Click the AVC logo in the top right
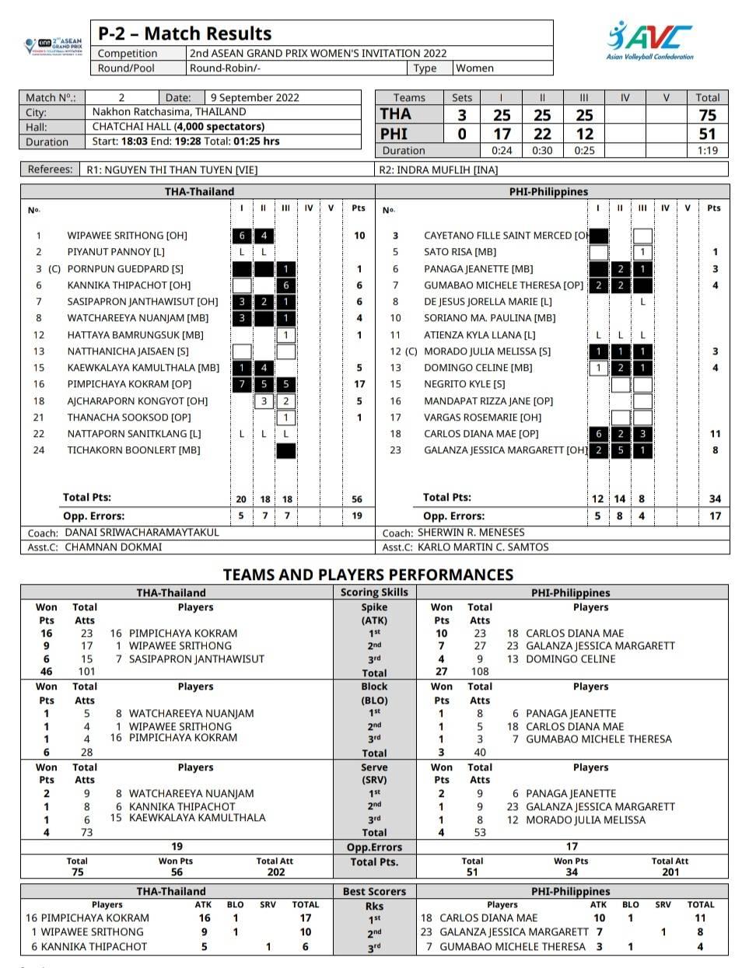pyautogui.click(x=649, y=40)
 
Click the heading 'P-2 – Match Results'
pyautogui.click(x=184, y=33)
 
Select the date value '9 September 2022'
pyautogui.click(x=254, y=98)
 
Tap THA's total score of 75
pyautogui.click(x=707, y=115)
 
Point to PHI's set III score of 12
pyautogui.click(x=584, y=134)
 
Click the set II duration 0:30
pyautogui.click(x=542, y=151)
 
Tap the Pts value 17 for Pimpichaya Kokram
pyautogui.click(x=359, y=384)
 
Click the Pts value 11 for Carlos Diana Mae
pyautogui.click(x=714, y=434)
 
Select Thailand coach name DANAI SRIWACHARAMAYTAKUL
pyautogui.click(x=142, y=533)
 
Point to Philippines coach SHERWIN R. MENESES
pyautogui.click(x=471, y=533)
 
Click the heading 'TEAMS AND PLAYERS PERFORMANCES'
pyautogui.click(x=368, y=575)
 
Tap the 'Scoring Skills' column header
pyautogui.click(x=374, y=592)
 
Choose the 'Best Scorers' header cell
pyautogui.click(x=374, y=892)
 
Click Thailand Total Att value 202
pyautogui.click(x=275, y=872)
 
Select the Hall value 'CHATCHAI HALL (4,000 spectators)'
pyautogui.click(x=178, y=127)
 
